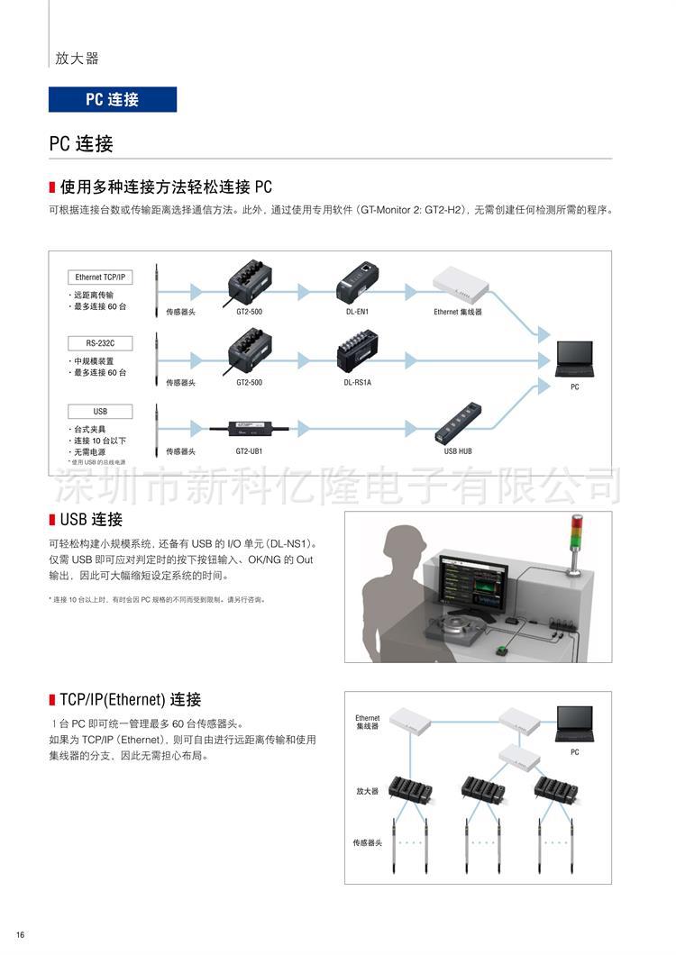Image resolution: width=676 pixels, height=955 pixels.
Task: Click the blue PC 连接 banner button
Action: point(113,99)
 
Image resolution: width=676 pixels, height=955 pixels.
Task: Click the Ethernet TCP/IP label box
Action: point(100,277)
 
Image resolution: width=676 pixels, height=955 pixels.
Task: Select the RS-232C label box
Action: point(100,343)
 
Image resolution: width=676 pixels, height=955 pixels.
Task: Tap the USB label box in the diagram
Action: point(100,411)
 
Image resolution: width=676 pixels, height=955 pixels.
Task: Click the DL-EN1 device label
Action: point(356,312)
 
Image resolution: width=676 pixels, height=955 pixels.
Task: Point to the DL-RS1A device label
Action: point(357,382)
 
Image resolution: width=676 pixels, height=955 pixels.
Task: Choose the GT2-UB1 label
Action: point(249,450)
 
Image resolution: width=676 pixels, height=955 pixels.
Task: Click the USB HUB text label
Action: point(458,450)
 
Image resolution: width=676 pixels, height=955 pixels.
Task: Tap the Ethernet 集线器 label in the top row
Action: point(458,312)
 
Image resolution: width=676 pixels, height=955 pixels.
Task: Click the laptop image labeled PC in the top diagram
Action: point(575,359)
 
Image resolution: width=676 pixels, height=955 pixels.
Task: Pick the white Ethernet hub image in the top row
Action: point(461,285)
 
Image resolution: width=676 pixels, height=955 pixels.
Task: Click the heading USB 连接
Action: point(90,520)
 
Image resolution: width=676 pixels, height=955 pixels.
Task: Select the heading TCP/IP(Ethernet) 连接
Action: point(130,699)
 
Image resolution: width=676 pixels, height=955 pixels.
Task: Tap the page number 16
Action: point(20,934)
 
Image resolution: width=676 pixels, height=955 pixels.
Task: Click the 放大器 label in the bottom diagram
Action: point(367,791)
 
